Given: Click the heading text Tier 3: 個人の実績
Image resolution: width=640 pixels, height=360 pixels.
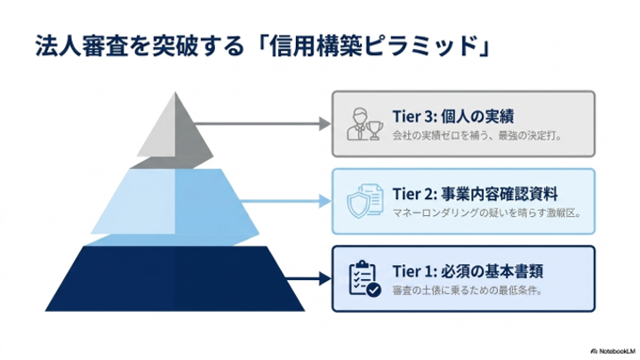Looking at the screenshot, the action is tap(453, 116).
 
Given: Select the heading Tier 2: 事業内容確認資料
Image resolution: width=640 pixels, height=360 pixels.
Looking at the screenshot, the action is tap(475, 194).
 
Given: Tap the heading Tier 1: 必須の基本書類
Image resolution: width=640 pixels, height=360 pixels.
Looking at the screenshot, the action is tap(468, 271).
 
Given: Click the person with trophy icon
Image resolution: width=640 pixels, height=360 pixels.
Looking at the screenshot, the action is tap(365, 124).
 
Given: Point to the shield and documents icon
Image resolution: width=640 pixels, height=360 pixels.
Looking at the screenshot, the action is tap(365, 201).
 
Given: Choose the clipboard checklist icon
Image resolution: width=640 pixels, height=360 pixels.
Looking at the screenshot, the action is tap(365, 278).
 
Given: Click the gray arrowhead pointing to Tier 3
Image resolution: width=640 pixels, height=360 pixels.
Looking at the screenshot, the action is tap(325, 124).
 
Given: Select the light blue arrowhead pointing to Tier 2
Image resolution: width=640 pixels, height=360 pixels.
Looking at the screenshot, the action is tap(325, 201).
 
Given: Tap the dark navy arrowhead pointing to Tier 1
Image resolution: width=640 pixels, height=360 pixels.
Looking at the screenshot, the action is tap(325, 279).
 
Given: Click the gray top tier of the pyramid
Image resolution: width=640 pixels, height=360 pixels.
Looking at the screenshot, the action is tap(174, 135).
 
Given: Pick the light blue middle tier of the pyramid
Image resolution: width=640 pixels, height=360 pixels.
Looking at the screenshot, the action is tap(175, 206).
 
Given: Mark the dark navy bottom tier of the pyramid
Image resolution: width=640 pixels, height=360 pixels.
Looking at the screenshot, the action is tap(175, 278).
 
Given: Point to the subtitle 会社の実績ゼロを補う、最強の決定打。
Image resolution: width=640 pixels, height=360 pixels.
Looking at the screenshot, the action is tap(477, 135).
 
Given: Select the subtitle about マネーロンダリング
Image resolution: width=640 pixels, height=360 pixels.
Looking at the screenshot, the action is tap(486, 213).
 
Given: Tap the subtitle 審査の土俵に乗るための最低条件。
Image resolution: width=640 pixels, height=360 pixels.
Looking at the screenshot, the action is tap(468, 291).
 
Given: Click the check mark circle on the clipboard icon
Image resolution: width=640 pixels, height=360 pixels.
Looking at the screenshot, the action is tap(373, 290).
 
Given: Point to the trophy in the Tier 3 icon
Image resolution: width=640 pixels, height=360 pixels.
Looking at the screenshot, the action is tap(374, 131).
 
